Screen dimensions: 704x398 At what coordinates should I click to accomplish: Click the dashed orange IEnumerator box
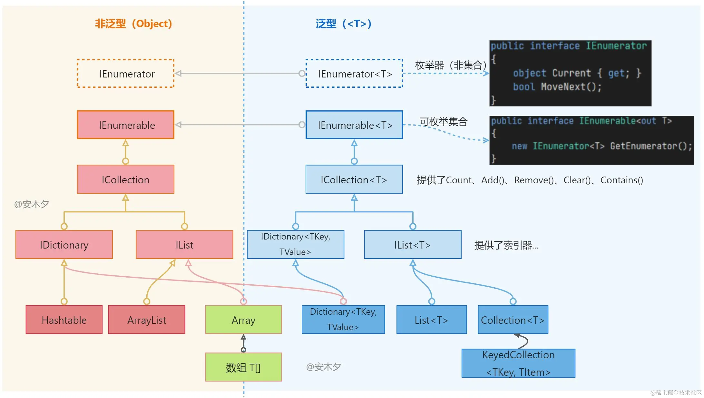(x=126, y=74)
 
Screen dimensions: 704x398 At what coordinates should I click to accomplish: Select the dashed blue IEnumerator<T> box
(x=354, y=74)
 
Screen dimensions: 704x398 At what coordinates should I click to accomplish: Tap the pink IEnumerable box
(x=126, y=125)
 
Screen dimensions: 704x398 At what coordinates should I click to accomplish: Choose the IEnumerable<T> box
(x=354, y=125)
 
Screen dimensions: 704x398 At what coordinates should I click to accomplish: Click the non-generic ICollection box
(x=126, y=179)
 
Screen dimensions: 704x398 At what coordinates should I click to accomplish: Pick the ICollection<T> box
(x=354, y=179)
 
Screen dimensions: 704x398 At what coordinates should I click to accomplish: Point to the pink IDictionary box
(x=64, y=245)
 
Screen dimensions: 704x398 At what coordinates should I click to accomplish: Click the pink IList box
(x=184, y=245)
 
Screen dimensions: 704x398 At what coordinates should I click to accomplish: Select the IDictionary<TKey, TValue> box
(x=296, y=245)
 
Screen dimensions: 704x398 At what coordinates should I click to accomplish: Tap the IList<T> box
(x=413, y=245)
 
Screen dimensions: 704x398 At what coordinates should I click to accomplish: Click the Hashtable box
(x=64, y=320)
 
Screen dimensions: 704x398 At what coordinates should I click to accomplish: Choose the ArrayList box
(x=147, y=320)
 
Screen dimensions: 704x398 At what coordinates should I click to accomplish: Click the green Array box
(x=243, y=320)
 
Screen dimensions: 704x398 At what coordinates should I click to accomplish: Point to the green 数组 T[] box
(x=243, y=367)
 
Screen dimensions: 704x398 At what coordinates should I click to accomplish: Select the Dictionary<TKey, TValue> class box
(x=343, y=320)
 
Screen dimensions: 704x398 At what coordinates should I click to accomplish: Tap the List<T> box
(x=432, y=320)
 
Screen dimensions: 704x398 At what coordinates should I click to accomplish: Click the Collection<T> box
(x=513, y=320)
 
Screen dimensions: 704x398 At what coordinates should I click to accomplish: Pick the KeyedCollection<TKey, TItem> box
(x=518, y=363)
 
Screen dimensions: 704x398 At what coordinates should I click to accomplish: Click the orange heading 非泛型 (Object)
(x=133, y=24)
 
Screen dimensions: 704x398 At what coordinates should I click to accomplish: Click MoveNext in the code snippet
(x=563, y=87)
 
